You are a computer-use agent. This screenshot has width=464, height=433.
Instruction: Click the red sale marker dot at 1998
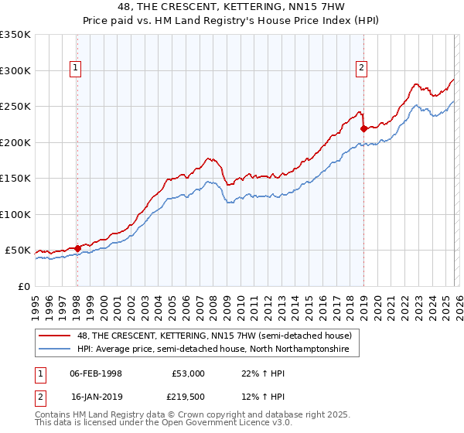coord(77,248)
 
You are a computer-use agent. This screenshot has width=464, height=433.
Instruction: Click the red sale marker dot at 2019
coord(363,128)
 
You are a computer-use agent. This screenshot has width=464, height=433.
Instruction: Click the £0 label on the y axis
coord(23,286)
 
